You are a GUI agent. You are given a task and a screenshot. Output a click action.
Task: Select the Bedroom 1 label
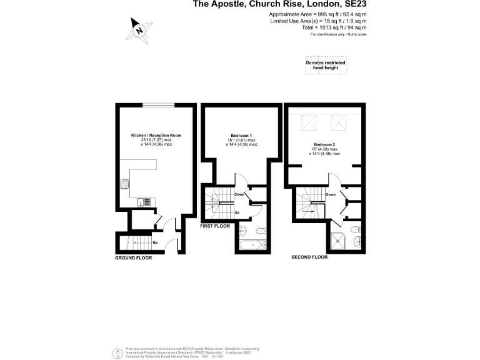[x=241, y=136]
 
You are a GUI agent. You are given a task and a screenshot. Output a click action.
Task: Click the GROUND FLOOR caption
[x=134, y=257]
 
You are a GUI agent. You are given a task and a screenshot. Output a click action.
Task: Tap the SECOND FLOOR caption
[x=309, y=257]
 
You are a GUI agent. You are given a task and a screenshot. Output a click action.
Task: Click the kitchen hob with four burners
[x=125, y=184]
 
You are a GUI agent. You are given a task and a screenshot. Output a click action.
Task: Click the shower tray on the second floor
[x=341, y=240]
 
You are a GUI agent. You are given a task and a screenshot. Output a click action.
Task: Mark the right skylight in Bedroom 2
[x=338, y=121]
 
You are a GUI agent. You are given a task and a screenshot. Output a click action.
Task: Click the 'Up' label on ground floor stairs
[x=154, y=242]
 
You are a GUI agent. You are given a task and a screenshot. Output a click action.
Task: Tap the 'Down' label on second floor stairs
[x=331, y=194]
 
